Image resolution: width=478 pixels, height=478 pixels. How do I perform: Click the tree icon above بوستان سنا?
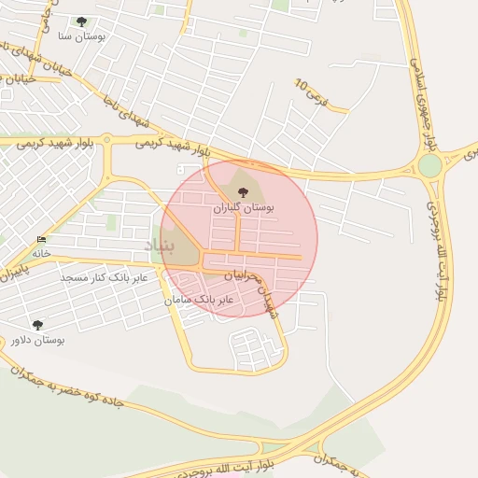click(x=81, y=21)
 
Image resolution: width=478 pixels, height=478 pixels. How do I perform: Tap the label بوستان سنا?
click(x=81, y=36)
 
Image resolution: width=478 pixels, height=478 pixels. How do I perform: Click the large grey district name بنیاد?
click(x=160, y=245)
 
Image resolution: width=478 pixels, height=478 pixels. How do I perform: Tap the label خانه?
click(x=40, y=253)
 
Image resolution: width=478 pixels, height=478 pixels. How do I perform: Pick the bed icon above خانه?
click(x=40, y=240)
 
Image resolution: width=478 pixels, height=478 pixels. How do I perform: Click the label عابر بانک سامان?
click(x=199, y=300)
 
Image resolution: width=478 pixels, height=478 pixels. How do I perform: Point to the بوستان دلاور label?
click(x=37, y=340)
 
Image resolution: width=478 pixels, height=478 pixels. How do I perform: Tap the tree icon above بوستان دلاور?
click(x=37, y=325)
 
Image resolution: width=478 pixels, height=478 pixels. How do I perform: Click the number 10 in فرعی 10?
click(x=302, y=84)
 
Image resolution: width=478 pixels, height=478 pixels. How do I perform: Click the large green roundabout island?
click(x=429, y=165)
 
